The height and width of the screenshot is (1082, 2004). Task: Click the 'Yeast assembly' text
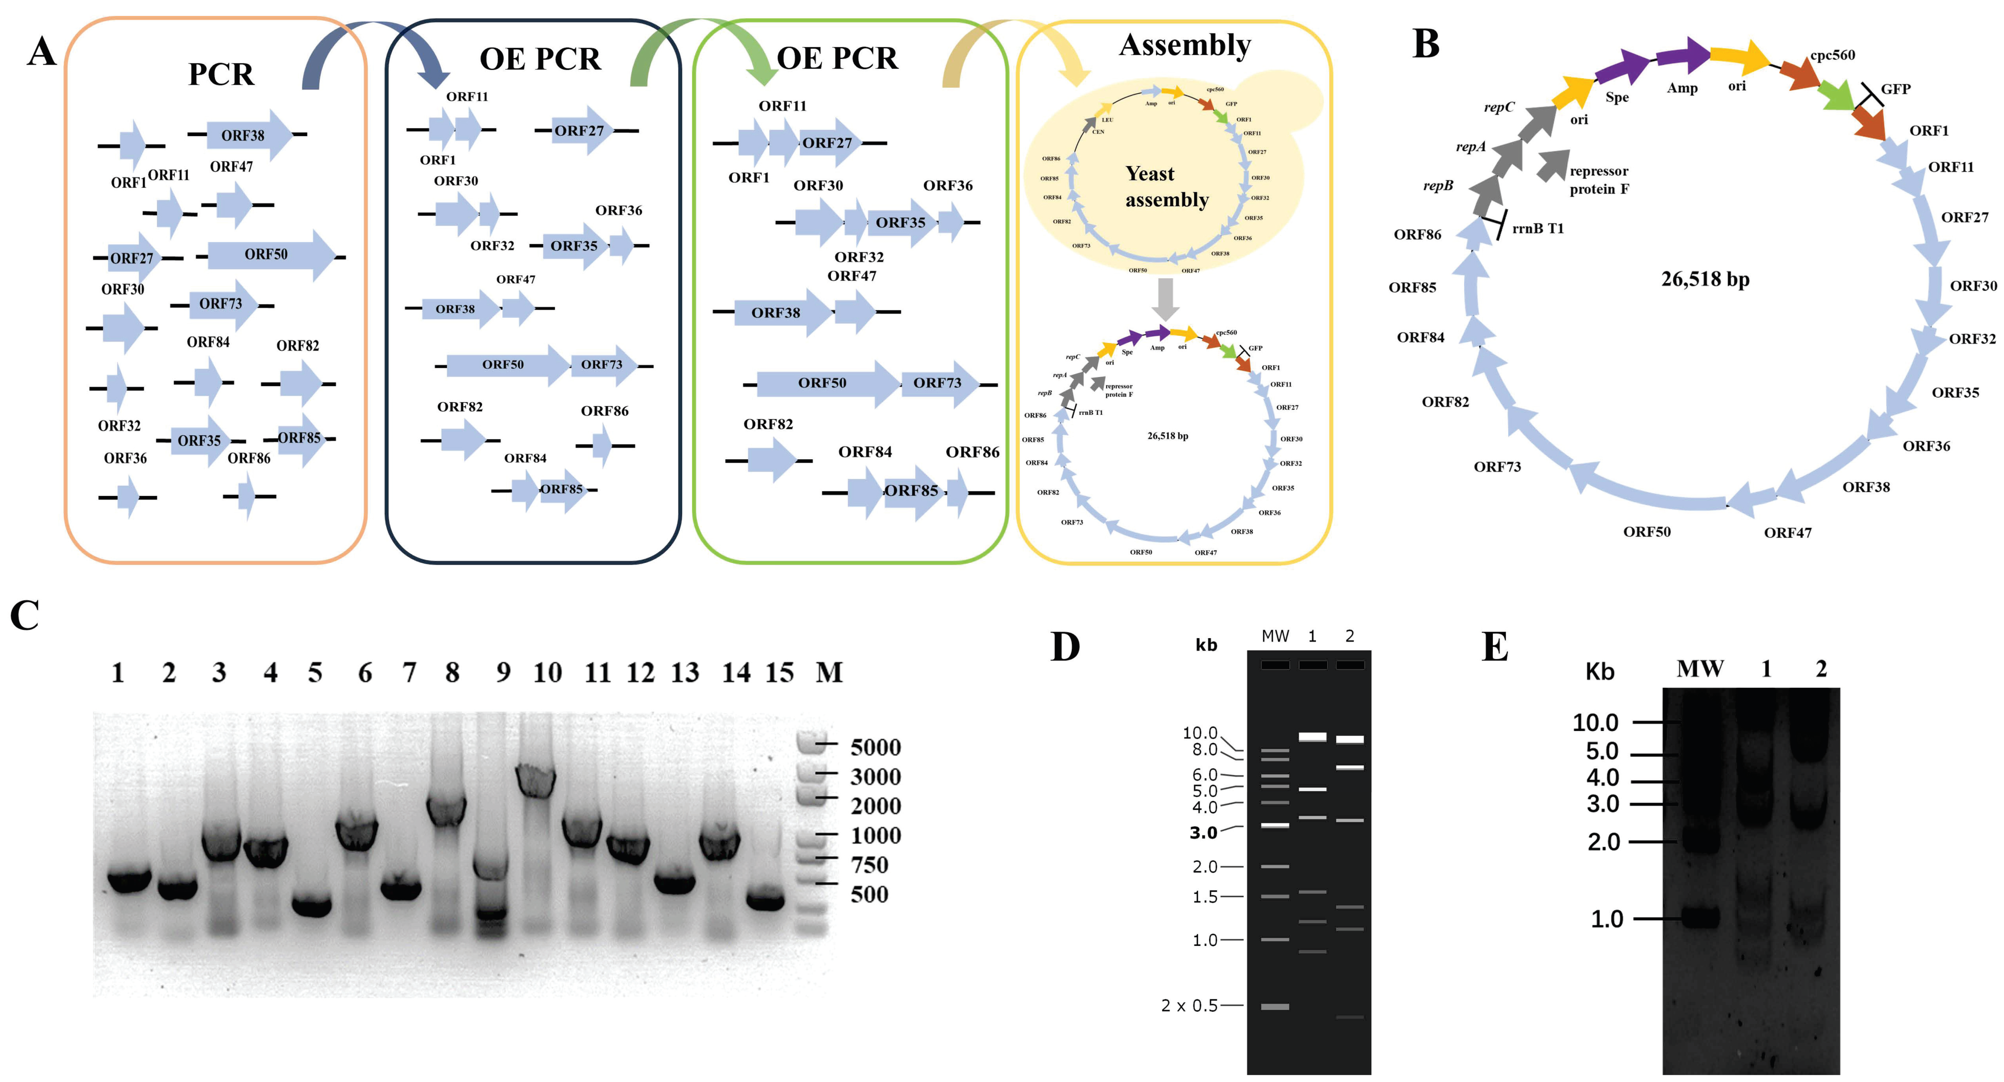(x=1166, y=187)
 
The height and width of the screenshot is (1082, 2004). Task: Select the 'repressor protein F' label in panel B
(x=1599, y=180)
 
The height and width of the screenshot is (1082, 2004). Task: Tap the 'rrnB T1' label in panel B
(x=1537, y=228)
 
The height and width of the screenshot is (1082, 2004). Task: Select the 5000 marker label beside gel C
(x=875, y=747)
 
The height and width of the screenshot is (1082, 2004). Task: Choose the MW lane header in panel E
(x=1700, y=669)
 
